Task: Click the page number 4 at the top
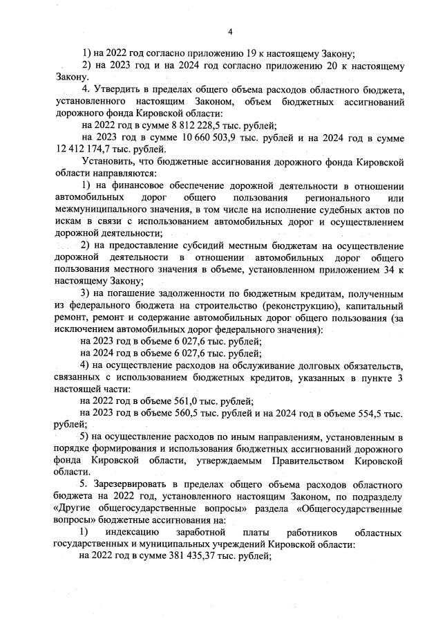click(x=230, y=31)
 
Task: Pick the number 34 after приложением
click(x=381, y=269)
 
